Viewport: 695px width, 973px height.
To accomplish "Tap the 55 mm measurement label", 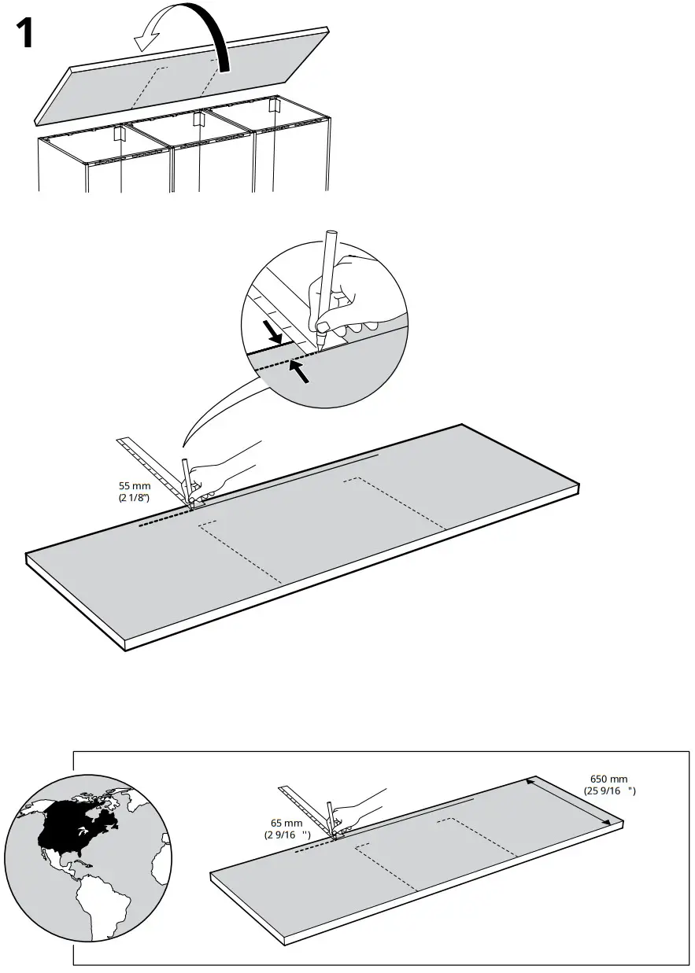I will coord(135,486).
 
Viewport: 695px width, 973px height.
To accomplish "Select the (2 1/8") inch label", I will coord(135,498).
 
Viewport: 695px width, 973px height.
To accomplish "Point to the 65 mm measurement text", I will coord(287,823).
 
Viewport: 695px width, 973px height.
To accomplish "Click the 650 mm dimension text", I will coord(609,779).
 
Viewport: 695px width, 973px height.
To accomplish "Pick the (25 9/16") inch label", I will coord(609,790).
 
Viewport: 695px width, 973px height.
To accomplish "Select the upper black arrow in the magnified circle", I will coord(272,331).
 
